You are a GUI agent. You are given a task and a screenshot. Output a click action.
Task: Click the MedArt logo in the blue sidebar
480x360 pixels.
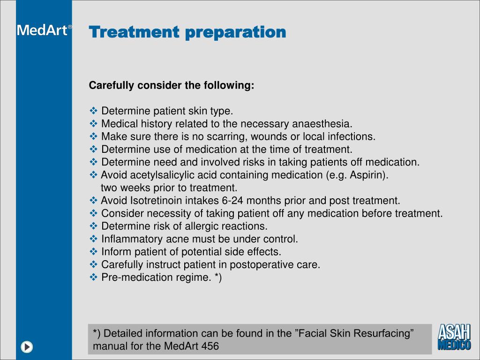coord(44,30)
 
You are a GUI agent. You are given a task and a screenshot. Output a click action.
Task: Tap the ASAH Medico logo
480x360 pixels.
coord(454,337)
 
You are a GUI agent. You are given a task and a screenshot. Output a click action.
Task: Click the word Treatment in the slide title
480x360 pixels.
coord(134,32)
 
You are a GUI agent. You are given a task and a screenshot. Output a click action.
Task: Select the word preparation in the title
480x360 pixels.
coord(235,32)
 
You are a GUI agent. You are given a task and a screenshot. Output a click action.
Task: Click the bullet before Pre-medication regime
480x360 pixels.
coord(93,277)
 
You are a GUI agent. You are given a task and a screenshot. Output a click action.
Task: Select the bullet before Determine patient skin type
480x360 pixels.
coord(93,111)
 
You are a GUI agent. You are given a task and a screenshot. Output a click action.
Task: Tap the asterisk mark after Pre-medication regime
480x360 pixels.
coord(217,277)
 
